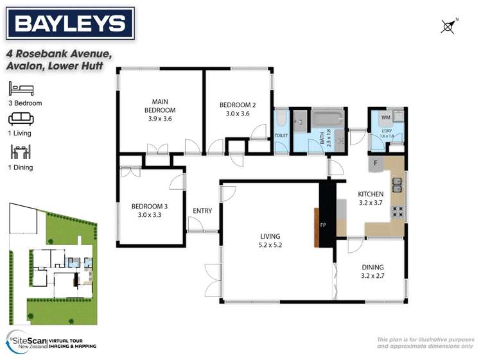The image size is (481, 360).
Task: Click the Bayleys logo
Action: (x=70, y=24)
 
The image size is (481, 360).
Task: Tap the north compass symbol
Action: (x=449, y=26)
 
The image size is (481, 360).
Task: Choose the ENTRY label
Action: (x=202, y=210)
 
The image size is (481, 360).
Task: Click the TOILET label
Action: (x=282, y=136)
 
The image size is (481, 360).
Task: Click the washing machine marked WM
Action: (x=385, y=118)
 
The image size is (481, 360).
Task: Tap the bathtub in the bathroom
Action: (x=328, y=119)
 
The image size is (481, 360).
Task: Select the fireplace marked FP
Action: (x=323, y=226)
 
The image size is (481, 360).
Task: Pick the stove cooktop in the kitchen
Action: (x=398, y=211)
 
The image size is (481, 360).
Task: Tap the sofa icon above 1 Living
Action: (x=17, y=119)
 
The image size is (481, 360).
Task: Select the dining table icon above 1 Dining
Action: (x=17, y=151)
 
